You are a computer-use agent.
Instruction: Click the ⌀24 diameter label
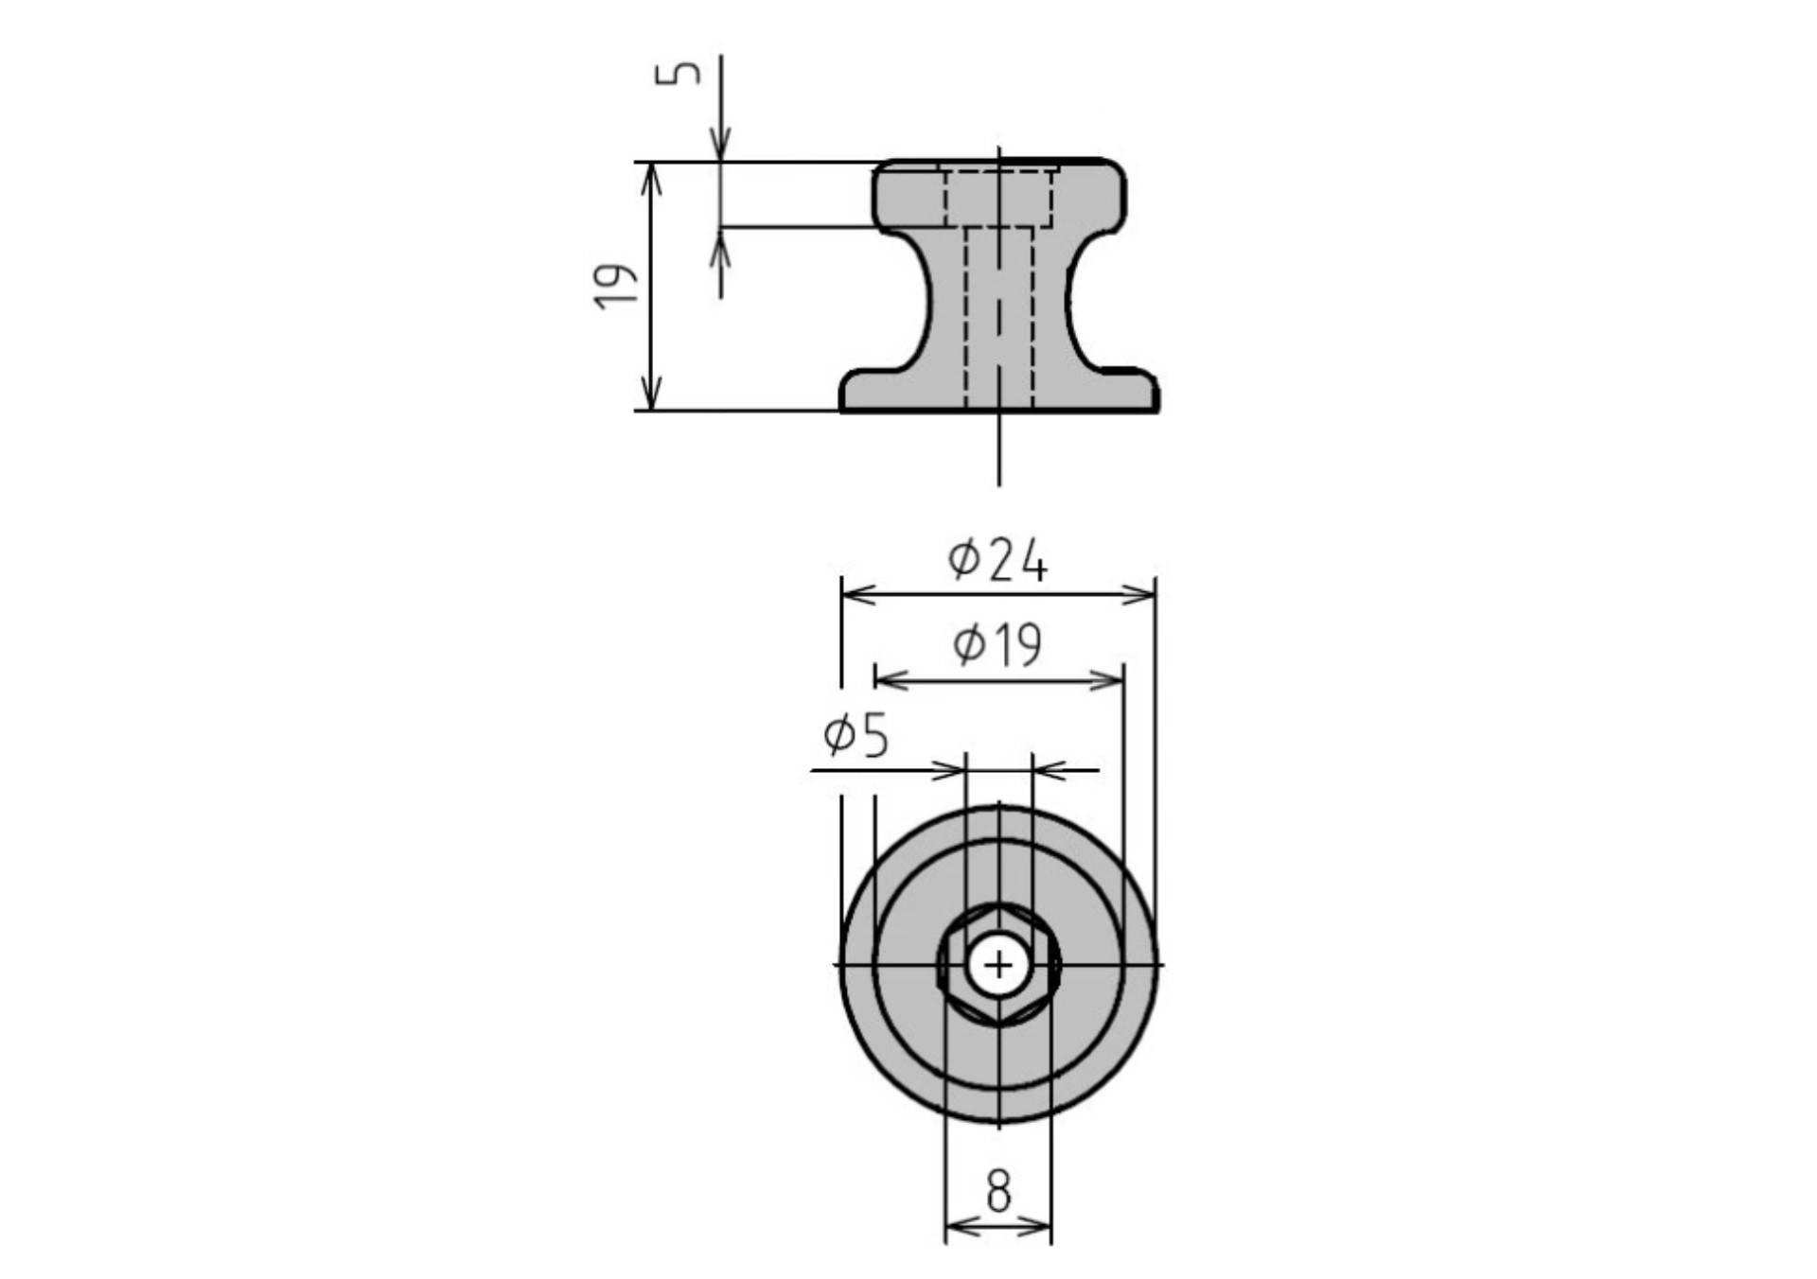tap(997, 560)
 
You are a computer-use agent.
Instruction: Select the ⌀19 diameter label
tap(997, 645)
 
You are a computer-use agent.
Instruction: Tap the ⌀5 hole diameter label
tap(856, 736)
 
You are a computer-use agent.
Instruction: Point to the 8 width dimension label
tap(998, 1191)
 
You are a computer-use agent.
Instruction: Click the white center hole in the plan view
tap(998, 966)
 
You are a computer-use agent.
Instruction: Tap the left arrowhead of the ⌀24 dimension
tap(857, 594)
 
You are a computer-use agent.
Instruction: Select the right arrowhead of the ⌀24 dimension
tap(1139, 594)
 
